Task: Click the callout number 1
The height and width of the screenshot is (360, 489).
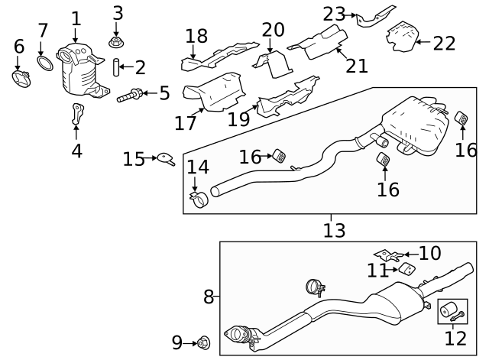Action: [76, 18]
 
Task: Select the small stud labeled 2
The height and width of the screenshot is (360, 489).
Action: [117, 68]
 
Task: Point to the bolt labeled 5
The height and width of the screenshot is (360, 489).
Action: [131, 96]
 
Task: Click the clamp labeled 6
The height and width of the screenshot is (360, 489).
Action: [20, 77]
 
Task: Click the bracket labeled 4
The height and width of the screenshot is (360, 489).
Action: [77, 113]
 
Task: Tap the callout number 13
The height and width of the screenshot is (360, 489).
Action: [334, 229]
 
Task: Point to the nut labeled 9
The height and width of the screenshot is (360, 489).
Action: [203, 342]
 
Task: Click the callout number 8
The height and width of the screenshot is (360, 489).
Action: [209, 297]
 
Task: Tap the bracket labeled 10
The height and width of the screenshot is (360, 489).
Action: [386, 255]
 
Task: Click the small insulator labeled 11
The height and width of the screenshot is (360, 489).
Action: [408, 268]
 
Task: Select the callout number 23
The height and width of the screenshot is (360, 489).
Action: [334, 14]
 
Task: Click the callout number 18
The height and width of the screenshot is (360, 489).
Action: [196, 35]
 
